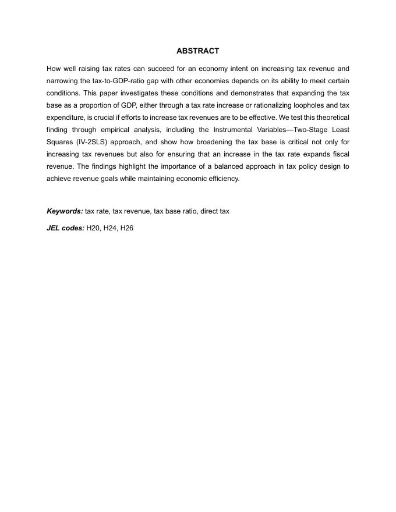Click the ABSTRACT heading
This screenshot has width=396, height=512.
[x=197, y=51]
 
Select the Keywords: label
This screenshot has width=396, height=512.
[x=65, y=211]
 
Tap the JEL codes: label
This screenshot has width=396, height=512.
[x=65, y=228]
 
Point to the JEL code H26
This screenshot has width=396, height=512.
[x=126, y=228]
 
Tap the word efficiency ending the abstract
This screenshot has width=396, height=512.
[x=224, y=179]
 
